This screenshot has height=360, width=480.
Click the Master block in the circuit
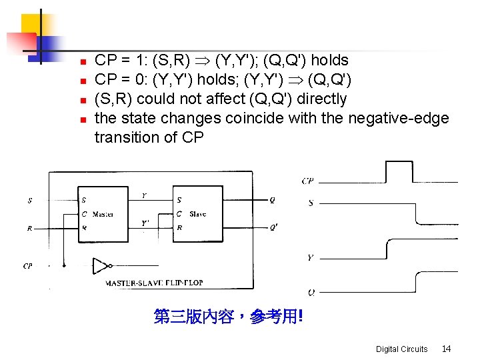pos(103,214)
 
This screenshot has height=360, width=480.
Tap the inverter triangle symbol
pos(101,266)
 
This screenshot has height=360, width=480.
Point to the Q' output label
pos(273,227)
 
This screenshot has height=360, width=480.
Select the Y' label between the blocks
pos(145,223)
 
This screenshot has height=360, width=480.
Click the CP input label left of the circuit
pos(27,265)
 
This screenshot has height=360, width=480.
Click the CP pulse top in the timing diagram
pos(399,162)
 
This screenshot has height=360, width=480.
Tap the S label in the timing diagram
pos(311,203)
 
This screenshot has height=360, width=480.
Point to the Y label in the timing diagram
pos(311,257)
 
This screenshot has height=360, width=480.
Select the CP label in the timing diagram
pos(308,181)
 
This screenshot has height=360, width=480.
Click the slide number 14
pos(446,349)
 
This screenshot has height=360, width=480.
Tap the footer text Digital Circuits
pos(401,349)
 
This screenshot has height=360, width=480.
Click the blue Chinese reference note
pos(228,317)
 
